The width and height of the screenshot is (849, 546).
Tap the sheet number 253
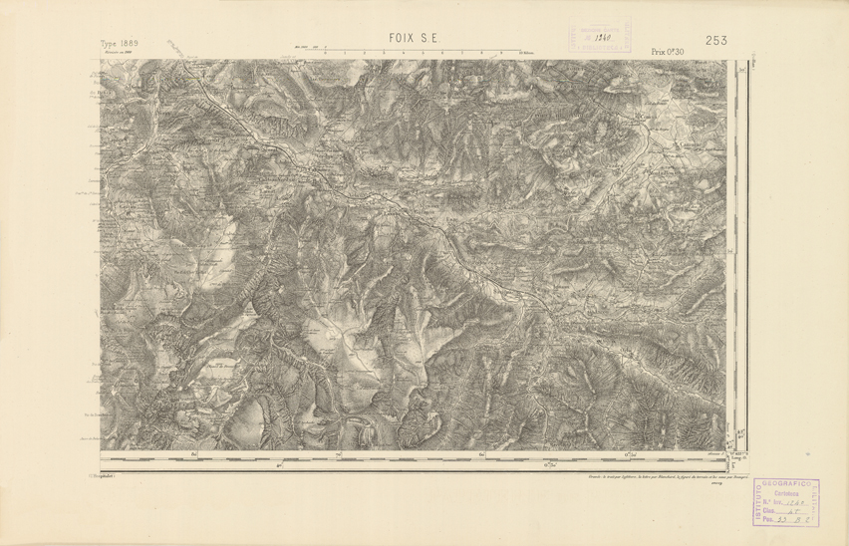715,40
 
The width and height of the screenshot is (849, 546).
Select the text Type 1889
120,44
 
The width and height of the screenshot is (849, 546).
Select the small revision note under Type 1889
118,53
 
